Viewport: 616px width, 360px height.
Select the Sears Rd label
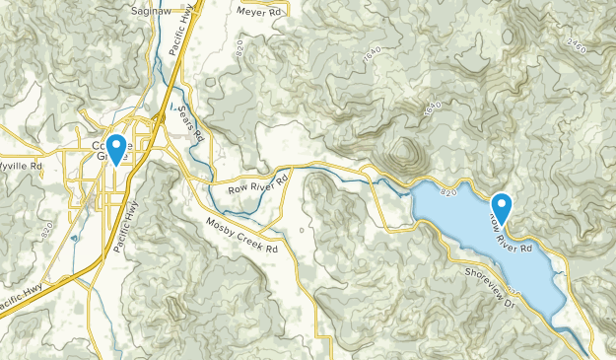(193, 119)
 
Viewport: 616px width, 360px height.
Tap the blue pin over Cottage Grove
(116, 149)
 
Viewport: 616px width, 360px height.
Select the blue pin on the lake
(502, 207)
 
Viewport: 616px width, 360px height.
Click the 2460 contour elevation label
(581, 44)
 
